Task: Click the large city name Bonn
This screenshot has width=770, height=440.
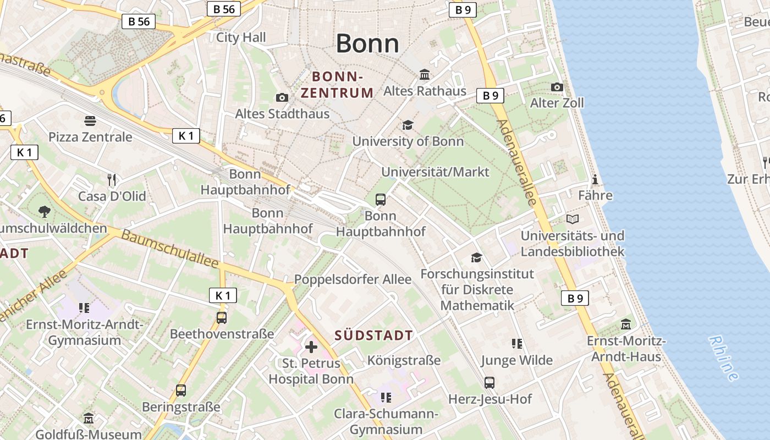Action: point(367,43)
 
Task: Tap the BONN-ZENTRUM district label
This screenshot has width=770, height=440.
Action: point(337,84)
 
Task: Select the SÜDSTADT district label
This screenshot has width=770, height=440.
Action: point(373,335)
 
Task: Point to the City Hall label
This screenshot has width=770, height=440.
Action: point(241,37)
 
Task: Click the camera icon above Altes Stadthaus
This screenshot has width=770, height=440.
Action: point(282,97)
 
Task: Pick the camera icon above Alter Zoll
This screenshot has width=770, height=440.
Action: point(557,87)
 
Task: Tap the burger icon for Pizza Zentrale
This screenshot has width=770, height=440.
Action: point(90,120)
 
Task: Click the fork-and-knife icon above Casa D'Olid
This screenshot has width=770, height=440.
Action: point(112,180)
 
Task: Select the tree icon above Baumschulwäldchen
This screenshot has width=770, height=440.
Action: point(45,211)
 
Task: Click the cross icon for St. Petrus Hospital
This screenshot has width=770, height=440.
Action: point(311,347)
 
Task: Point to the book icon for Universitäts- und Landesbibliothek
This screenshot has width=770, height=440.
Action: point(573,219)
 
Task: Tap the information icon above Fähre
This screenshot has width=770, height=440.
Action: point(595,179)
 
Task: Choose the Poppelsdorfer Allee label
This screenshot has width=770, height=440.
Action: point(353,279)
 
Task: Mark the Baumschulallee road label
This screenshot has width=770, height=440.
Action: point(170,249)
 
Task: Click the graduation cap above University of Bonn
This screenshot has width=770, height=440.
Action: point(408,125)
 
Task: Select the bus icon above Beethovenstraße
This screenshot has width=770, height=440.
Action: point(222,317)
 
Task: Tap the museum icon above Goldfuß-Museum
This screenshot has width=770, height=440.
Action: point(89,419)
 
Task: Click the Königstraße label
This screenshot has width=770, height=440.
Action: point(404,360)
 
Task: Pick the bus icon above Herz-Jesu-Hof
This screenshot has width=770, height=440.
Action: point(490,382)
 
